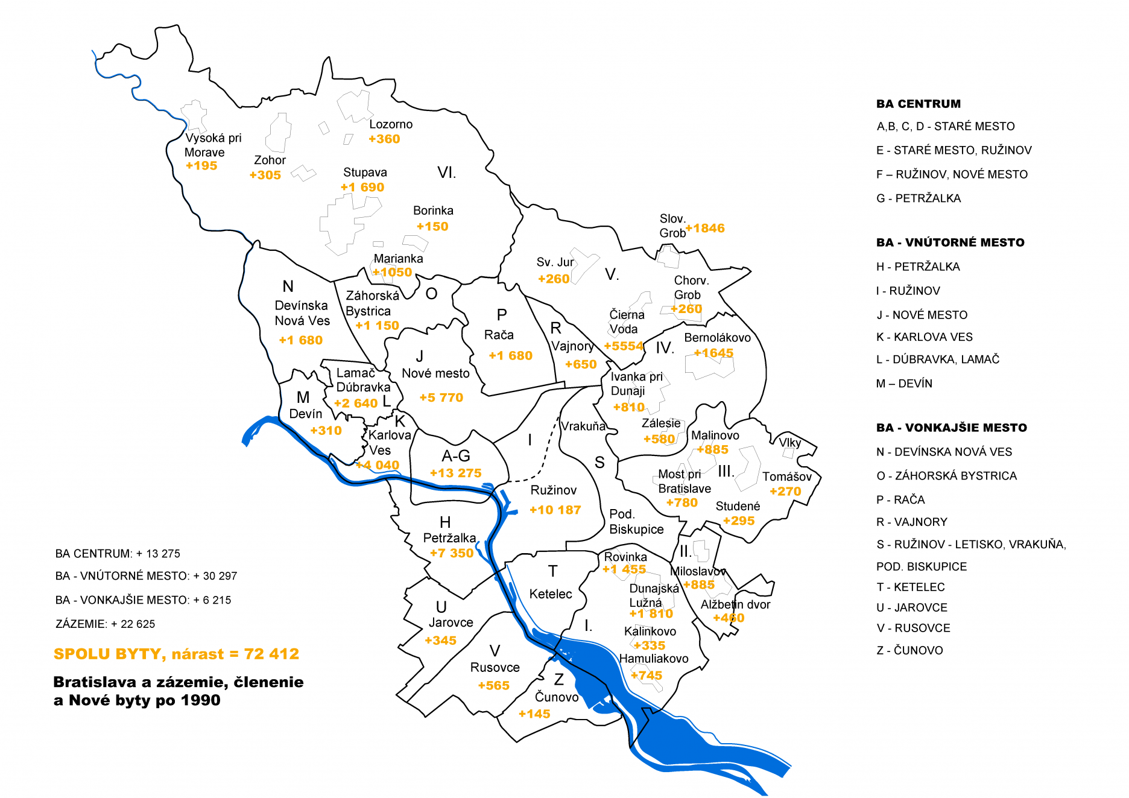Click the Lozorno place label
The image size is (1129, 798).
tap(391, 124)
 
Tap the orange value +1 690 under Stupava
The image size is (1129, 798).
tap(362, 188)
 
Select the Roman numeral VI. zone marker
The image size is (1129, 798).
tap(446, 173)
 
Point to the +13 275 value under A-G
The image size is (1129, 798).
tap(455, 473)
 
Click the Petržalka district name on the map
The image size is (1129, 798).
tap(449, 538)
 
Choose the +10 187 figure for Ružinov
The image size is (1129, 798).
tap(555, 510)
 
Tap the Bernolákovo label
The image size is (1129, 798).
tap(717, 338)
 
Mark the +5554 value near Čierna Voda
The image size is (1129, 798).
tap(624, 346)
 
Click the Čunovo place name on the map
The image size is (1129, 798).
tap(557, 697)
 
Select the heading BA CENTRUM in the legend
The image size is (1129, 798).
tap(918, 104)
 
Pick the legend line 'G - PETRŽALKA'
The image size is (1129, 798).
tap(918, 198)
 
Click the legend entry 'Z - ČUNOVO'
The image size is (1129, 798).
tap(909, 650)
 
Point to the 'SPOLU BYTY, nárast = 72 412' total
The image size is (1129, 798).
tap(176, 654)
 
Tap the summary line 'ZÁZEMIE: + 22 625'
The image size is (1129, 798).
tap(105, 624)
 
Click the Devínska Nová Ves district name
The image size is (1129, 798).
tap(302, 313)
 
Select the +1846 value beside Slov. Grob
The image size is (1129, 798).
tap(705, 229)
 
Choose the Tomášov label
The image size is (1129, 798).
tap(786, 477)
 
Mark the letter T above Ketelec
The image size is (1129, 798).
tap(552, 571)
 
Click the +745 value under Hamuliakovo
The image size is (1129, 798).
tap(646, 676)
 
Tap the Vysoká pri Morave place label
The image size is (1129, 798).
tap(212, 145)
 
